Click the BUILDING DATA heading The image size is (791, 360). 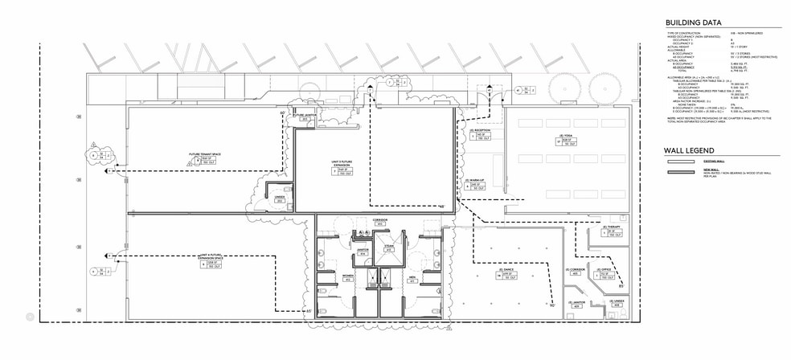click(x=693, y=22)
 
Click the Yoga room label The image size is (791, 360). click(x=567, y=135)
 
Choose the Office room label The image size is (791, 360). click(x=605, y=268)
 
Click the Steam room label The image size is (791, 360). click(x=388, y=246)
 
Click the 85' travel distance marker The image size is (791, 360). click(x=621, y=285)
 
